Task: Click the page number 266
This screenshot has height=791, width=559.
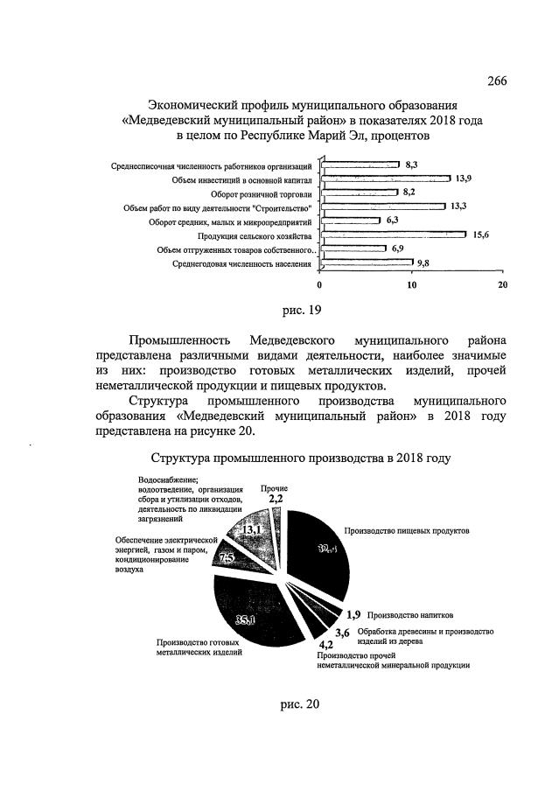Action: (x=497, y=81)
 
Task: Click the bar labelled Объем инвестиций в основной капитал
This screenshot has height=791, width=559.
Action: (x=385, y=178)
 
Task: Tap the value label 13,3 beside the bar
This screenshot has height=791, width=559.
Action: (x=458, y=206)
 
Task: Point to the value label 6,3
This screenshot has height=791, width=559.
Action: (x=392, y=221)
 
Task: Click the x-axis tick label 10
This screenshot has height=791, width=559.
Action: (x=411, y=285)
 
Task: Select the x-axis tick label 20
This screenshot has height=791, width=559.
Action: (x=502, y=285)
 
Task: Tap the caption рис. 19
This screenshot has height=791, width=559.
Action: (x=297, y=310)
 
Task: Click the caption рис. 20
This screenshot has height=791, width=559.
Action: (x=296, y=707)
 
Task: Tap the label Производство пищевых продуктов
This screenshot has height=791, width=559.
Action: (x=407, y=531)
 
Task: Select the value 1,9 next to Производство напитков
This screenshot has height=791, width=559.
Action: (x=353, y=614)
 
